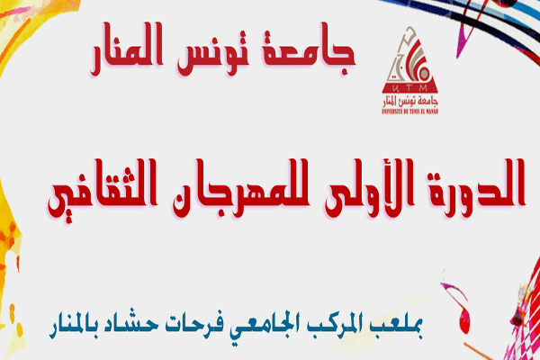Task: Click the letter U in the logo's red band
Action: coord(396,88)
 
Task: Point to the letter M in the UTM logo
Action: coord(423,88)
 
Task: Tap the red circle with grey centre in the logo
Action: coord(424,74)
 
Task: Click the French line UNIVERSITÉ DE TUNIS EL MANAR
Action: coord(410,112)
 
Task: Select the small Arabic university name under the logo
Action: coord(410,102)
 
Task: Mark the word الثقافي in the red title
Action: coord(103,190)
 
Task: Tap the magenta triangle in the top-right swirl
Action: coord(463,45)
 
